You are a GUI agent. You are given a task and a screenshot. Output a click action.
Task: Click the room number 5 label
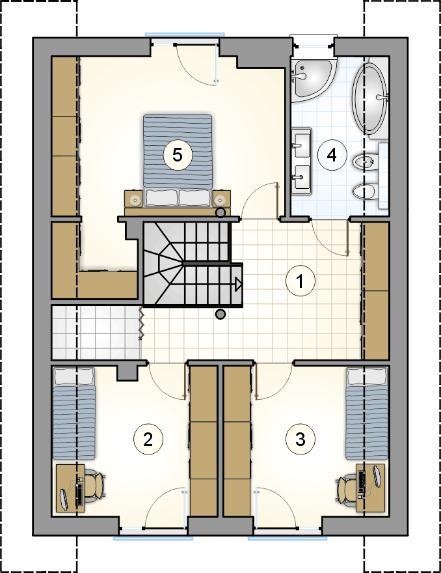coord(178,155)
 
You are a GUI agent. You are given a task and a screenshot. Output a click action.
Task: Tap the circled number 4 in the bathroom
coord(332,155)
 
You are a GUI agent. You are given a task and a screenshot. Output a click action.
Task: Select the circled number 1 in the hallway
coord(300,281)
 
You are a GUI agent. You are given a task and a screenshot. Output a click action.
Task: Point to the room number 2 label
coord(148,439)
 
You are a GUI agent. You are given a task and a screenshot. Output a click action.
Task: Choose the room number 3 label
coord(300,439)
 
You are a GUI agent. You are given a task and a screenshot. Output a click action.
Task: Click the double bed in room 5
coord(178,161)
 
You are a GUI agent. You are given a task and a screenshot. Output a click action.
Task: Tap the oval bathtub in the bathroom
coord(369,99)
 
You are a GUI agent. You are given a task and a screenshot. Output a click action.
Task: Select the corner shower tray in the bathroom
coord(312,79)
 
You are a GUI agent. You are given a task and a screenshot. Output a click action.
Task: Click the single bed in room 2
coord(74,413)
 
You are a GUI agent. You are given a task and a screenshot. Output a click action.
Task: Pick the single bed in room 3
coord(367,413)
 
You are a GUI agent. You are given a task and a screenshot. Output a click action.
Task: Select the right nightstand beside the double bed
coord(221,199)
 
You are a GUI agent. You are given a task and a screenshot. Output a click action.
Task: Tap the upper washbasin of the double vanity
coord(302,143)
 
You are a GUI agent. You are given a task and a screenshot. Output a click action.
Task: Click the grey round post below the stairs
coord(220,314)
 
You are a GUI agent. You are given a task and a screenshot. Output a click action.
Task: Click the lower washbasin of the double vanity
coord(302,177)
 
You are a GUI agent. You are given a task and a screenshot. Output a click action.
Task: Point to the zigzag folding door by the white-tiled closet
coord(140,324)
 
